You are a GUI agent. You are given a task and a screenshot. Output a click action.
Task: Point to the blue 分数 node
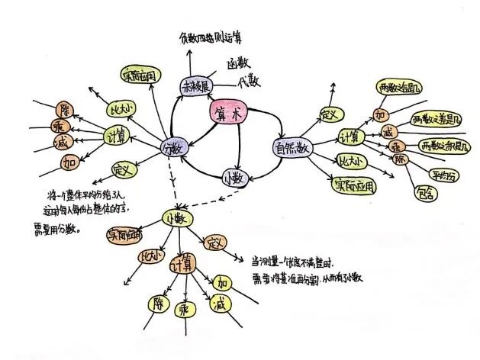click(x=174, y=146)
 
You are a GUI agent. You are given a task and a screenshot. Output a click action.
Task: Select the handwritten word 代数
click(x=250, y=82)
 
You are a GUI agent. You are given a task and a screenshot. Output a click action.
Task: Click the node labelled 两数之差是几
click(x=436, y=120)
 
